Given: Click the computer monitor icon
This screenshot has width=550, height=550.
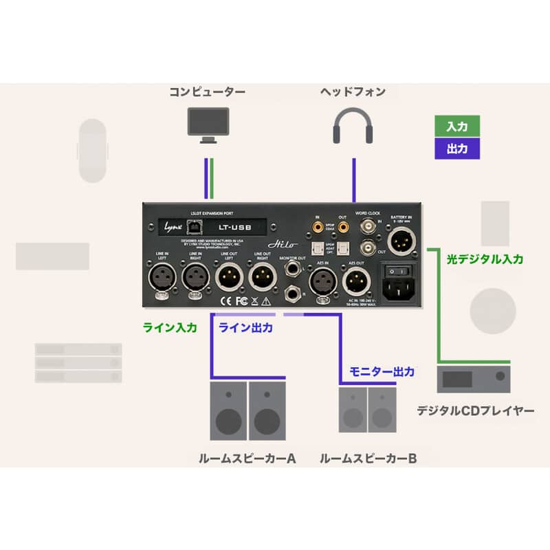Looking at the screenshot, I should [x=207, y=124].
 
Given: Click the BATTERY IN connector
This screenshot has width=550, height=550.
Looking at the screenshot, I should [x=400, y=240].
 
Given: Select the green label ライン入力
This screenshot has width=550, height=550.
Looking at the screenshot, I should [x=169, y=328].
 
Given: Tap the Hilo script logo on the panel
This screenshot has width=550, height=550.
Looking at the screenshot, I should [x=278, y=245].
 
